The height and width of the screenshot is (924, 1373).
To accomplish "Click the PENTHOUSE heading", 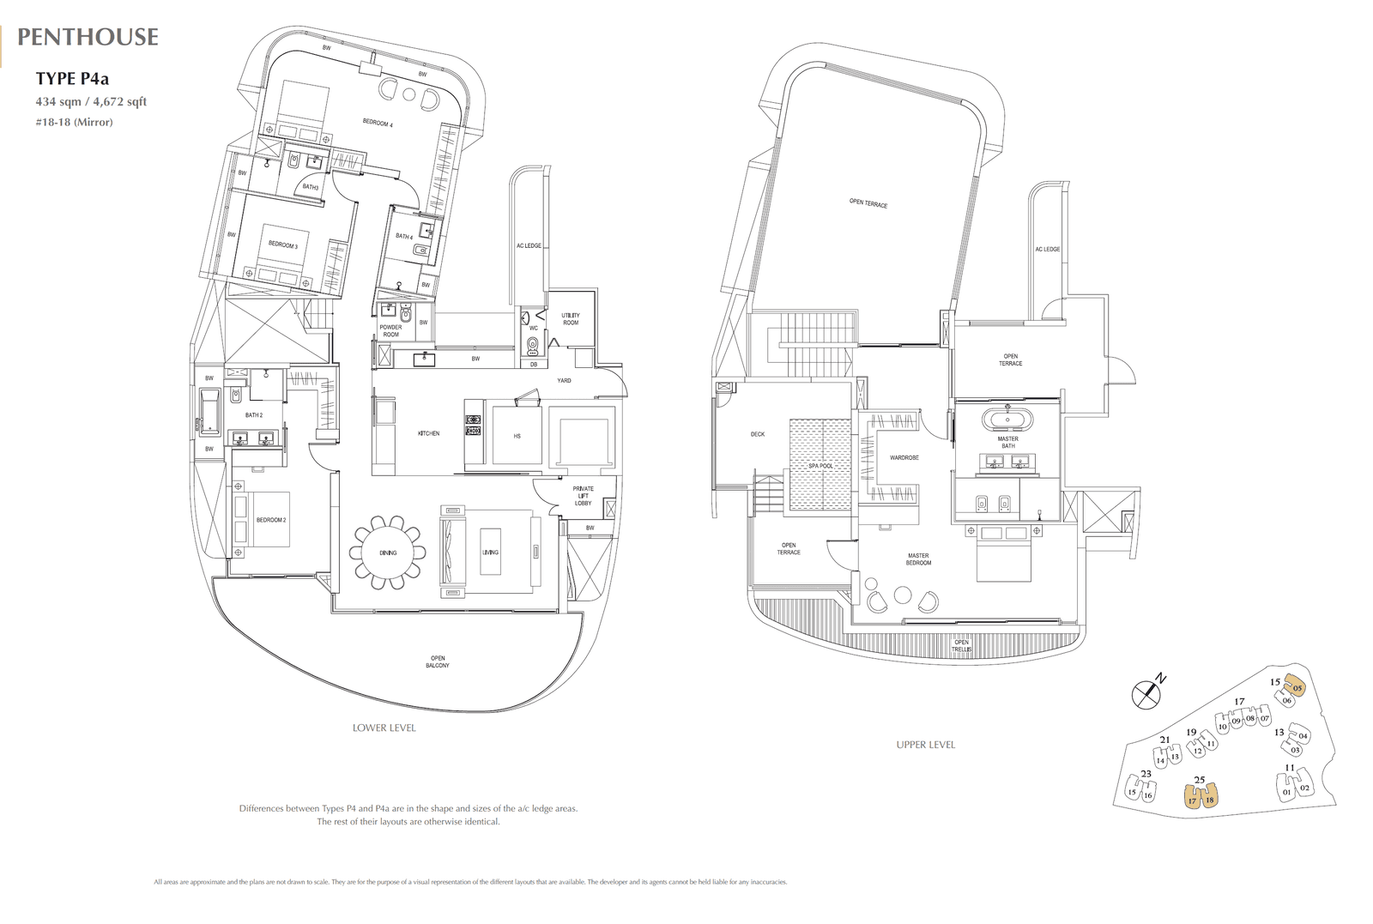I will pyautogui.click(x=88, y=37).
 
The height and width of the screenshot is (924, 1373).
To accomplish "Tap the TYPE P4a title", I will pyautogui.click(x=72, y=79).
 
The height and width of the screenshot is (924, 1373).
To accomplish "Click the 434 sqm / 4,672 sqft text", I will pyautogui.click(x=91, y=101).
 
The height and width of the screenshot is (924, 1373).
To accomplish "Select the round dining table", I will pyautogui.click(x=388, y=553).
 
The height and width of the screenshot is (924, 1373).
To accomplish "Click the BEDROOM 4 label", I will pyautogui.click(x=378, y=124).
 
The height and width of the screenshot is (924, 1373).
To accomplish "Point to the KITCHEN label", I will pyautogui.click(x=428, y=434).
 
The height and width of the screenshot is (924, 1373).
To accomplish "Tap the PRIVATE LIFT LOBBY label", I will pyautogui.click(x=584, y=496).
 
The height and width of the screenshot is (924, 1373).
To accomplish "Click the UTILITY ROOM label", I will pyautogui.click(x=571, y=319).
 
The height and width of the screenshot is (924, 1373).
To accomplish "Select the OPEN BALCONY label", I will pyautogui.click(x=438, y=661).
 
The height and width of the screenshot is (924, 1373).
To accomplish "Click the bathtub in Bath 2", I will pyautogui.click(x=209, y=414).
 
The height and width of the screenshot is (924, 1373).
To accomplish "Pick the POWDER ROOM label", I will pyautogui.click(x=390, y=331).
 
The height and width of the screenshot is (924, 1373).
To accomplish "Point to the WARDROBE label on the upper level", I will pyautogui.click(x=904, y=458).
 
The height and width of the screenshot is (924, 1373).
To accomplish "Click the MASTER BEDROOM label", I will pyautogui.click(x=918, y=559).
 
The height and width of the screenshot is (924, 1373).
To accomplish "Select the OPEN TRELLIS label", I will pyautogui.click(x=961, y=646).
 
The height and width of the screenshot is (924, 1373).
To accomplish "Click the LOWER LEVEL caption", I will pyautogui.click(x=384, y=728).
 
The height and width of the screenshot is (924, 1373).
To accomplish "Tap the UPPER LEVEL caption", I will pyautogui.click(x=925, y=745).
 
